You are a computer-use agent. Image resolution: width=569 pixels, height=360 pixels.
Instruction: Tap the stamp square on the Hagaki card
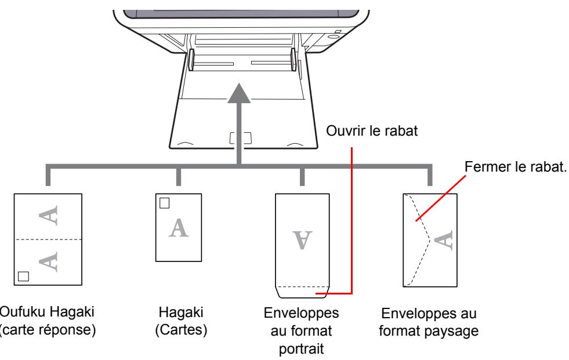pyautogui.click(x=165, y=203)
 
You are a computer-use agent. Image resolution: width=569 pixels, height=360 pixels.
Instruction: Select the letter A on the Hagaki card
pyautogui.click(x=179, y=228)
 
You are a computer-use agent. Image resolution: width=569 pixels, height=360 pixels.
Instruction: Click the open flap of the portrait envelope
pyautogui.click(x=300, y=290)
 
